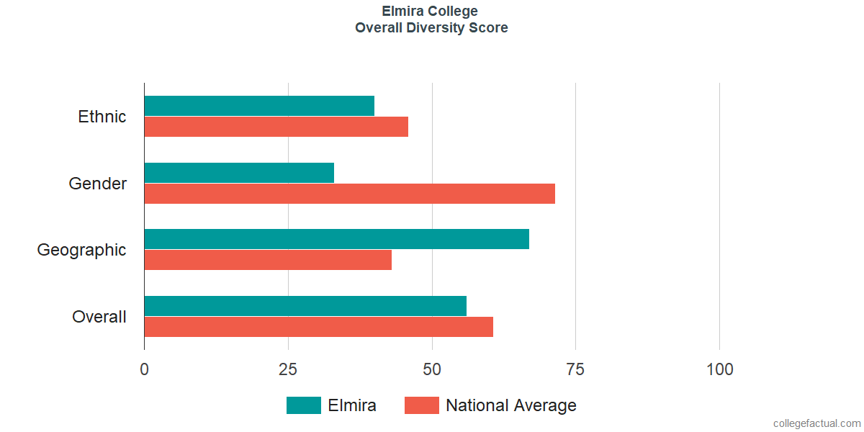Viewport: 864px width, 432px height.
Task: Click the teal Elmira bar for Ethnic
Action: click(259, 106)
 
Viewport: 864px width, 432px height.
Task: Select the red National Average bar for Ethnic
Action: click(276, 127)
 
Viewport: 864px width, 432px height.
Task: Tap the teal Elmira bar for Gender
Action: click(239, 172)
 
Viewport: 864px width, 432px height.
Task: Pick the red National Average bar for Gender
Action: click(350, 193)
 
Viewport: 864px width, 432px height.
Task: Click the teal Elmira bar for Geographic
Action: click(337, 239)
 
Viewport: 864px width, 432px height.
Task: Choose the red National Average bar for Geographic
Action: click(268, 260)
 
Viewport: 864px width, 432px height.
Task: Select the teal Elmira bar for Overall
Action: click(305, 306)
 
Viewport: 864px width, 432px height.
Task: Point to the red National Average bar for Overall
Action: click(318, 327)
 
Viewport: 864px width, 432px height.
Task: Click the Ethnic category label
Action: click(102, 117)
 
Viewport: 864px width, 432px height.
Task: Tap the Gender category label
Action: click(98, 183)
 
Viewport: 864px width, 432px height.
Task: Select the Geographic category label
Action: click(81, 251)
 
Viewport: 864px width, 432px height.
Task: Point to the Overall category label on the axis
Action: click(99, 317)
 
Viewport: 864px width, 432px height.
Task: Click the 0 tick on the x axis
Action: click(144, 369)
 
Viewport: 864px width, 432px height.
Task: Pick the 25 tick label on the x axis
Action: click(288, 369)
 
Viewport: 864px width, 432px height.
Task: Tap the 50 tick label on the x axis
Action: click(431, 369)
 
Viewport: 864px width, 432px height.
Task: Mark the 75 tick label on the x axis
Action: click(575, 369)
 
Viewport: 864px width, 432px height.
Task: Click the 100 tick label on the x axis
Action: click(719, 369)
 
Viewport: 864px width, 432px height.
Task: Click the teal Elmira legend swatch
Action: click(304, 405)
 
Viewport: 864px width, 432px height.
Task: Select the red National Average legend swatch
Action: click(422, 405)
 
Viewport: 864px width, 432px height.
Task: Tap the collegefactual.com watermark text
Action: click(817, 423)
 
